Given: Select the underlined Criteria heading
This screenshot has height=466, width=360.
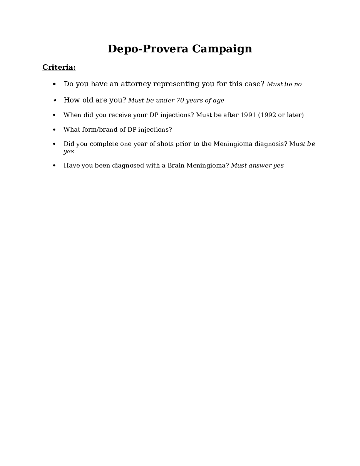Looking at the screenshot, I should coord(59,67).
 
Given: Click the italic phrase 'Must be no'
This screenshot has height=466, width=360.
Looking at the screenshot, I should coord(284,84).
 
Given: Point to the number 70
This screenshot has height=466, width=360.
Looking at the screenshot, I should coord(180,101).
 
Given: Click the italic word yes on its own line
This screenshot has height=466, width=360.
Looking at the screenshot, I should coord(69,151).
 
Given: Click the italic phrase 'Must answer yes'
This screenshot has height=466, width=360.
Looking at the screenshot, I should coord(257,166).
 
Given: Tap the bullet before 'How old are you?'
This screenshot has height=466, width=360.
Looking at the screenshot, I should coord(54,101).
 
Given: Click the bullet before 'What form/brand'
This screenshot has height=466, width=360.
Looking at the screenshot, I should coord(54,130).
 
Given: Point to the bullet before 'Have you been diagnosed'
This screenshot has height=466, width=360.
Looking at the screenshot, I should coord(54,166).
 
